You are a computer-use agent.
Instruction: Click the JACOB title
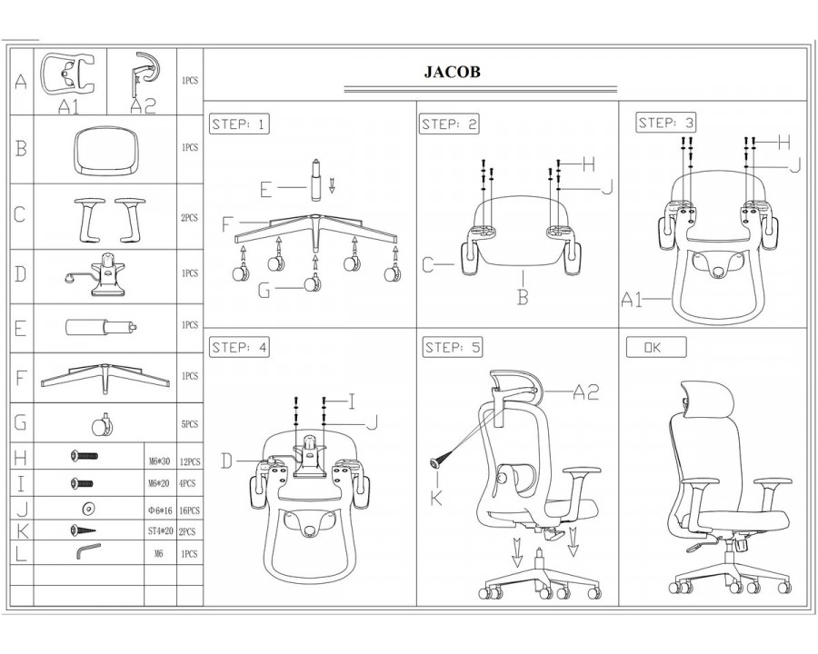click(x=453, y=72)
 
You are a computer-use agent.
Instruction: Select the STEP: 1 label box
click(x=239, y=124)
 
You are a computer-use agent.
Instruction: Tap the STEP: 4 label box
click(x=240, y=348)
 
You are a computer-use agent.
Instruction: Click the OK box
click(x=656, y=347)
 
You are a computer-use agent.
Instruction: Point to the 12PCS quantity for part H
click(x=189, y=462)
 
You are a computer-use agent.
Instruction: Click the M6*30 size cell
click(x=160, y=461)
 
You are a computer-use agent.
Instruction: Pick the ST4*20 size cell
click(x=160, y=531)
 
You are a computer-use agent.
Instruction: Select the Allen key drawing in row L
click(x=88, y=551)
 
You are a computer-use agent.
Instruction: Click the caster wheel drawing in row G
click(x=102, y=424)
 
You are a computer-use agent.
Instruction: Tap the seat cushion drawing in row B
click(x=106, y=152)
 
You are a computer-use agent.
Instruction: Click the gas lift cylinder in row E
click(x=101, y=328)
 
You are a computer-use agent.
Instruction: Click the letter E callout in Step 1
click(x=266, y=190)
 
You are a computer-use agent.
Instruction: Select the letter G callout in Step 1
click(x=264, y=290)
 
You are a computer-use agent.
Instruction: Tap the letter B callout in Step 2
click(x=523, y=297)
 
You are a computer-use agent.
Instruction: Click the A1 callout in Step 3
click(x=632, y=300)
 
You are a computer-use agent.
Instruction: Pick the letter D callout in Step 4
click(x=227, y=461)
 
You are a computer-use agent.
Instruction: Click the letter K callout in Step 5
click(x=436, y=498)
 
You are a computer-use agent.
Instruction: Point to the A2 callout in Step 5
click(x=586, y=391)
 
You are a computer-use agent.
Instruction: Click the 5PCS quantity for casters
click(x=189, y=424)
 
